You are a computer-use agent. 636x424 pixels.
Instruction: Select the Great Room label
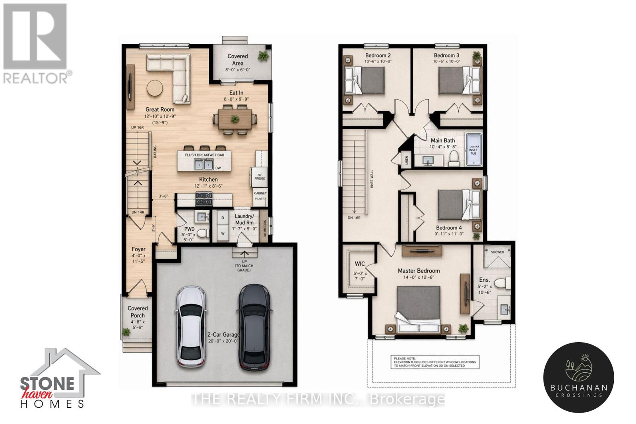click(159, 109)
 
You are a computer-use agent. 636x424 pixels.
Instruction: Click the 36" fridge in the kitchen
click(259, 176)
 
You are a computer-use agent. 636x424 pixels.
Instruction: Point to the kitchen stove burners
click(204, 198)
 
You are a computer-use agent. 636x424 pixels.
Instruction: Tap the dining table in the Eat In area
click(235, 118)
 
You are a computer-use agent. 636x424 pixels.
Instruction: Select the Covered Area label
click(238, 60)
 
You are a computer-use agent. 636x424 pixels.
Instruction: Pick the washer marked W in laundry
click(223, 234)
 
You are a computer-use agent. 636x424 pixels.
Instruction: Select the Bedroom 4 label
click(449, 228)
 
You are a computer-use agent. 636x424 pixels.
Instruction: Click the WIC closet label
click(360, 264)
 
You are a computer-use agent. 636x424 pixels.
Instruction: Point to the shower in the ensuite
click(497, 258)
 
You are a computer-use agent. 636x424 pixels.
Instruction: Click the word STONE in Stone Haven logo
click(47, 383)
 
